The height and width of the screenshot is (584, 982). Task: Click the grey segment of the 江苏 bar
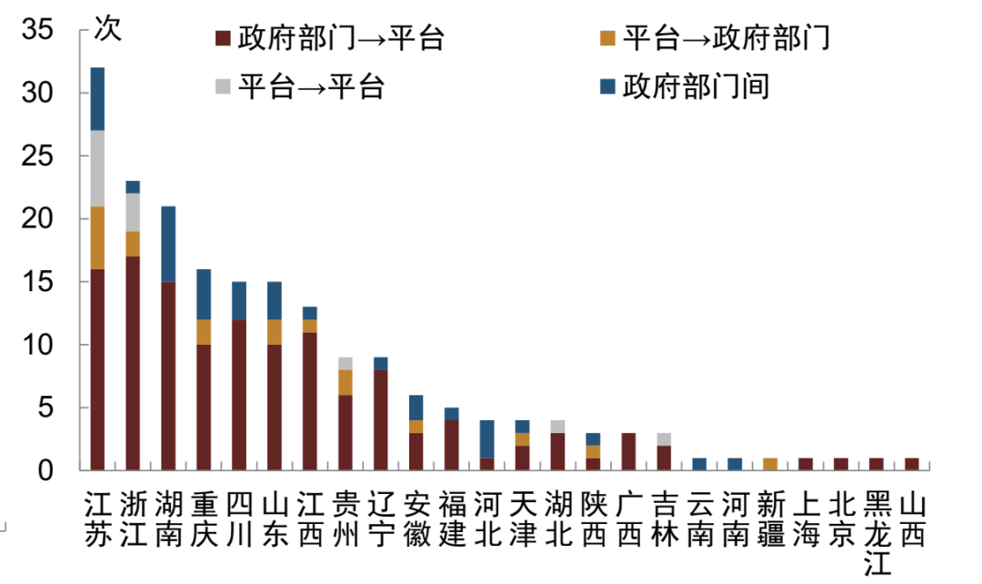[97, 168]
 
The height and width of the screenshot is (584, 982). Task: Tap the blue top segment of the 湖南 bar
[168, 244]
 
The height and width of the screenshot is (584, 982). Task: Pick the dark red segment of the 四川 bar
[239, 395]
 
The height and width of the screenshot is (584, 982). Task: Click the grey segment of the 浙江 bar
[133, 212]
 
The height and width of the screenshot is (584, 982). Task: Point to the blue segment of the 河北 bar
[486, 438]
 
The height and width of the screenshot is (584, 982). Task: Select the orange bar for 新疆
[770, 464]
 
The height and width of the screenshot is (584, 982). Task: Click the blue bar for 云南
[699, 464]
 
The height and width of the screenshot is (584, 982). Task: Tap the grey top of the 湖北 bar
[557, 427]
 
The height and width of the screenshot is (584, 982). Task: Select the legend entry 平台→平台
[300, 86]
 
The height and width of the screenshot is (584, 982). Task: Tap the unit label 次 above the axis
[106, 28]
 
